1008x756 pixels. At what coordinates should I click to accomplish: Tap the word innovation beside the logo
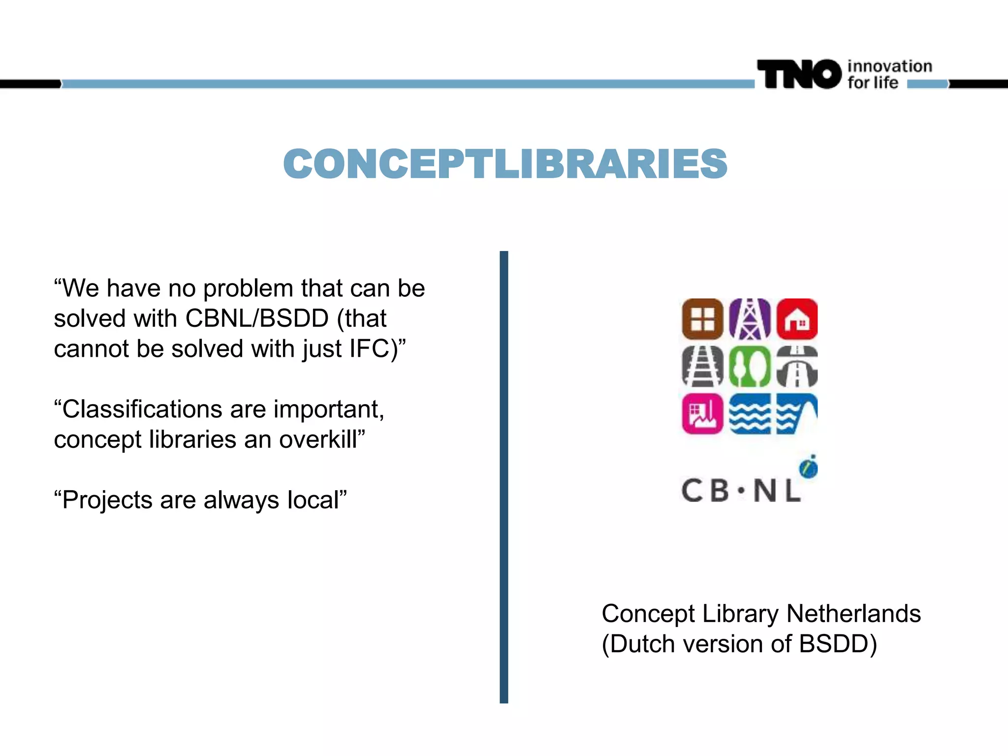tap(889, 66)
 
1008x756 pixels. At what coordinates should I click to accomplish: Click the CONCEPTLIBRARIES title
tap(505, 164)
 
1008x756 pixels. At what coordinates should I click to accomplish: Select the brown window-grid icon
tap(702, 319)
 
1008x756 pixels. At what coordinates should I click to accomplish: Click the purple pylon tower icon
tap(750, 319)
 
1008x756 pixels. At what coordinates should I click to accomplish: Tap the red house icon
tap(797, 319)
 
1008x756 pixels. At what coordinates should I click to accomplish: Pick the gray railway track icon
tap(702, 366)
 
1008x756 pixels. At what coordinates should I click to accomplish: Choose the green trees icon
tap(750, 366)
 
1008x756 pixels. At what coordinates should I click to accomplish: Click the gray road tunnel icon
tap(797, 366)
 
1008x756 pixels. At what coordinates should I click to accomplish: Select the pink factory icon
tap(702, 413)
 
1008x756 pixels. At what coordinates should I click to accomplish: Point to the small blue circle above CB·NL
tap(809, 468)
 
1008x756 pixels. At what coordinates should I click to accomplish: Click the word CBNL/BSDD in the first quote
tap(257, 318)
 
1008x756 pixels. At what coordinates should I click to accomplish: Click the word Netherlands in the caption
tap(853, 614)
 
